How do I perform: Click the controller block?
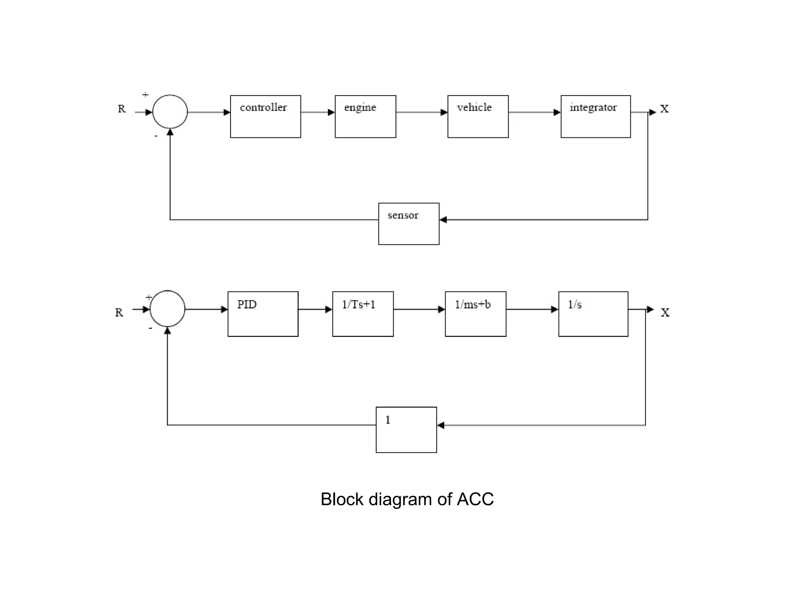pyautogui.click(x=266, y=116)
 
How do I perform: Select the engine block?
pyautogui.click(x=365, y=116)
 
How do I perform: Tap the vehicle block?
pyautogui.click(x=478, y=116)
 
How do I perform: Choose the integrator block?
pyautogui.click(x=595, y=116)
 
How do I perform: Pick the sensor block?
pyautogui.click(x=409, y=224)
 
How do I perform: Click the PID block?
pyautogui.click(x=263, y=314)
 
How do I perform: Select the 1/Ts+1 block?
pyautogui.click(x=363, y=314)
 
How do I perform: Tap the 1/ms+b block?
pyautogui.click(x=476, y=314)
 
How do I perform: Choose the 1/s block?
pyautogui.click(x=593, y=314)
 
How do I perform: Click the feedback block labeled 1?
pyautogui.click(x=406, y=430)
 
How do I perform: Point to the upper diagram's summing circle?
pyautogui.click(x=170, y=112)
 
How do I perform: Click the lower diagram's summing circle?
pyautogui.click(x=167, y=309)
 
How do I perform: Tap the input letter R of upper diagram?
pyautogui.click(x=122, y=109)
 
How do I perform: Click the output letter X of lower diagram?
pyautogui.click(x=665, y=313)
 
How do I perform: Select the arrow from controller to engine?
pyautogui.click(x=318, y=113)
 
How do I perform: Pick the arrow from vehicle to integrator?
pyautogui.click(x=534, y=113)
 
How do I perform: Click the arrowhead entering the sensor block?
pyautogui.click(x=443, y=220)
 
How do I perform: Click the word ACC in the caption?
pyautogui.click(x=475, y=499)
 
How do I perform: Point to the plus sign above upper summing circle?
pyautogui.click(x=145, y=95)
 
